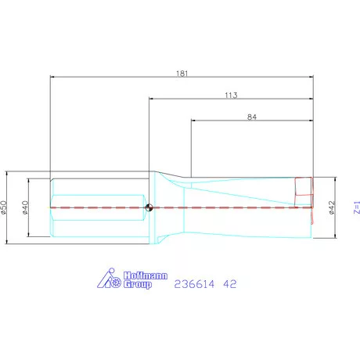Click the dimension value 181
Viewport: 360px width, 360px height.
pos(182,72)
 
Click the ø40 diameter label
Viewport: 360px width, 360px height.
pos(25,207)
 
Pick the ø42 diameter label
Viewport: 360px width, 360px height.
pos(332,207)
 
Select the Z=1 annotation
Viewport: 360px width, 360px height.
pos(356,207)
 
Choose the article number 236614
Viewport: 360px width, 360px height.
pos(193,284)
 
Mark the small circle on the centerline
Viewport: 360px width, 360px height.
pos(149,207)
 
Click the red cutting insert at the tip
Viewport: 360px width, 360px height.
pos(302,189)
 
